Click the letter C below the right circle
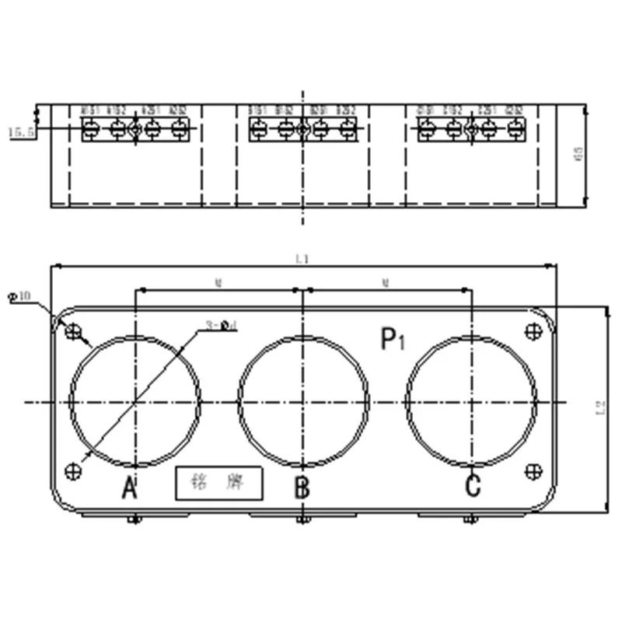(473, 486)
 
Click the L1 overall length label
(302, 260)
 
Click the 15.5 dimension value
(19, 133)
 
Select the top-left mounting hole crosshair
(73, 332)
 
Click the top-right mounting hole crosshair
(534, 331)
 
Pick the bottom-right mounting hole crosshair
(534, 470)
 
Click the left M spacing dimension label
(218, 284)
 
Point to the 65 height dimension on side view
(579, 155)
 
